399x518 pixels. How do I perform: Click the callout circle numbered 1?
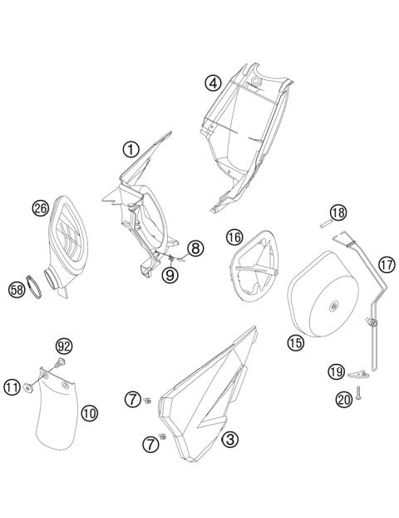tap(130, 149)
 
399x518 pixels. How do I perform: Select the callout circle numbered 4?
tap(213, 82)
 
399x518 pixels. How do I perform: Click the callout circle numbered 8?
tap(195, 247)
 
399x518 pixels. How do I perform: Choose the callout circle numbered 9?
tap(170, 273)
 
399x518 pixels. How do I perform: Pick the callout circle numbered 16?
tap(234, 238)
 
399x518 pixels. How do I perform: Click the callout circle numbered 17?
tap(386, 265)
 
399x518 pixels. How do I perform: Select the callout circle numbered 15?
tap(296, 341)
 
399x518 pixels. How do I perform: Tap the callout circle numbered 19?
tap(336, 371)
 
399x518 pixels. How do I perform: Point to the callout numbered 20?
tap(343, 400)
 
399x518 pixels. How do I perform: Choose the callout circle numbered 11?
tap(12, 386)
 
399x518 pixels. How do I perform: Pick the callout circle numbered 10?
tap(89, 411)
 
